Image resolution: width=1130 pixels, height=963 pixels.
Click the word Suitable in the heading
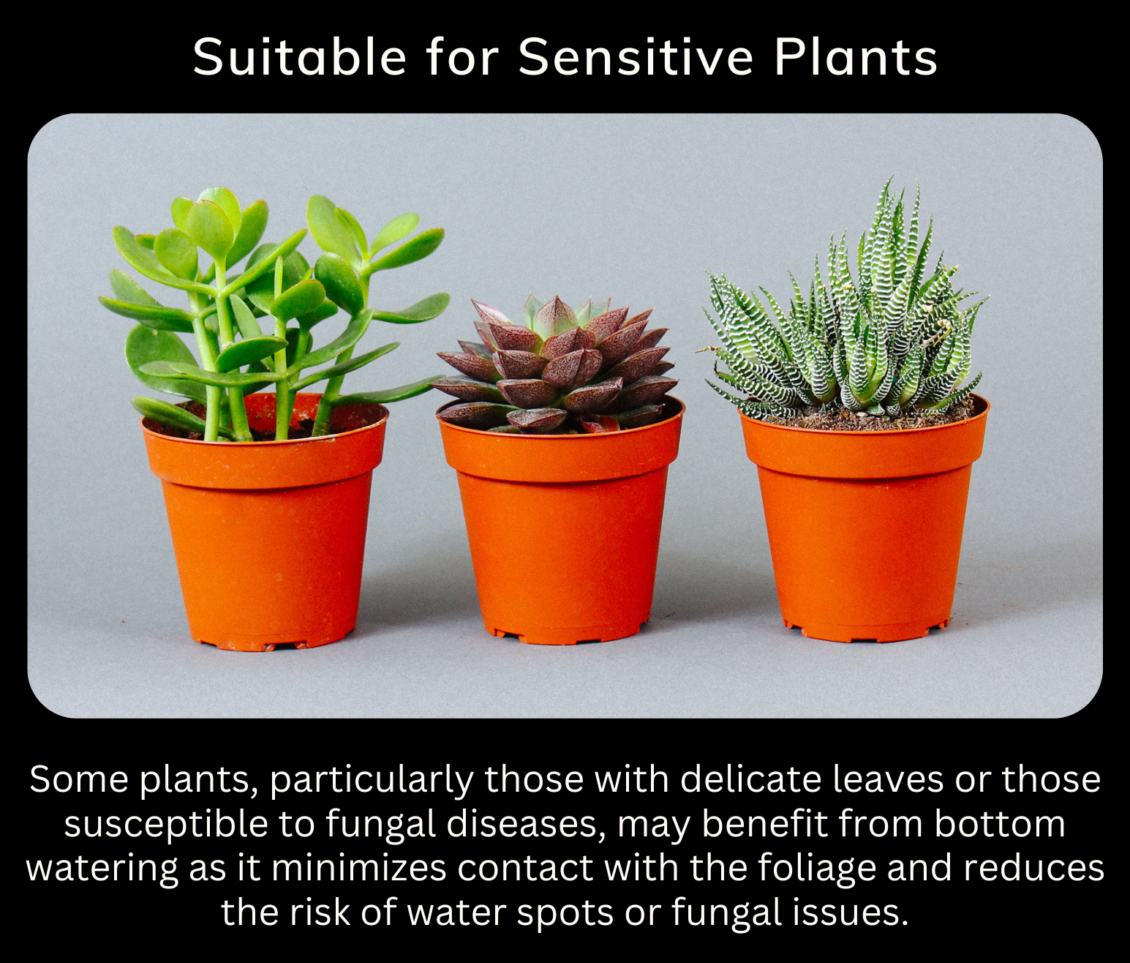coord(300,57)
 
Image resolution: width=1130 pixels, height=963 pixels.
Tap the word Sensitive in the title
coord(636,57)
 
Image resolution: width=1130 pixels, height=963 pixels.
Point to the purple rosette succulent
coord(555,364)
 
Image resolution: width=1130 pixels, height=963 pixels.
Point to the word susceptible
coord(166,825)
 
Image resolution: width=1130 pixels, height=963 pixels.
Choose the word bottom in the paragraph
coord(999,825)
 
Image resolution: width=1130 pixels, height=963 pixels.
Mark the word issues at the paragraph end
coord(852,913)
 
